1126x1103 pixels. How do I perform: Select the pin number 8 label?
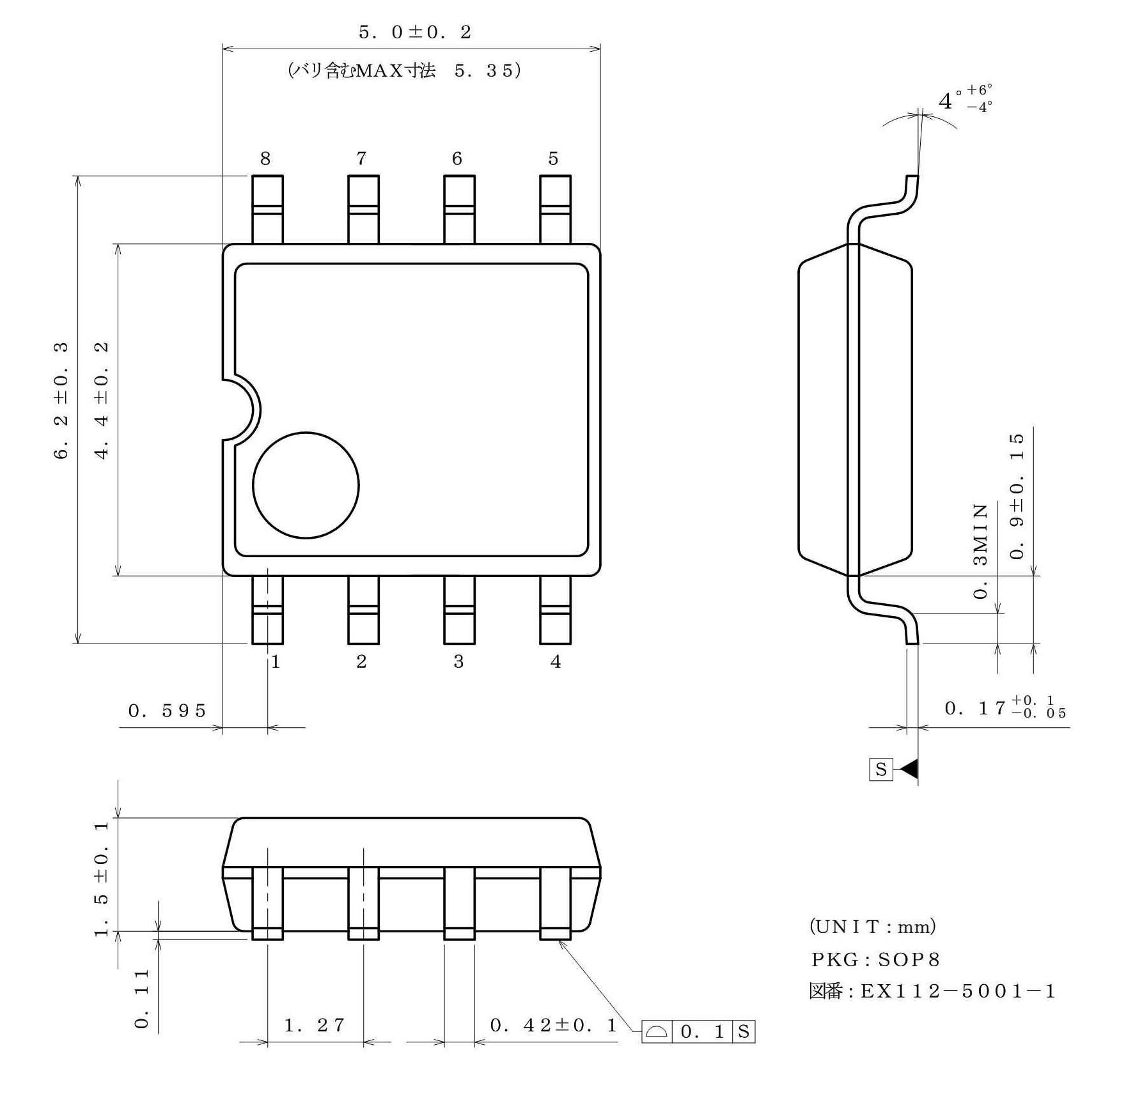(x=265, y=158)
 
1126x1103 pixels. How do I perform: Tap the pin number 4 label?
(x=555, y=662)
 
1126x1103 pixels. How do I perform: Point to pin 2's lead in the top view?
(x=363, y=610)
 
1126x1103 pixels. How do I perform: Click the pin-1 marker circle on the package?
(x=306, y=486)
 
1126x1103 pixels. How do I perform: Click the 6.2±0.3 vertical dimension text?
(x=61, y=401)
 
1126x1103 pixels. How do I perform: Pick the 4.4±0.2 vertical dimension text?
(x=102, y=401)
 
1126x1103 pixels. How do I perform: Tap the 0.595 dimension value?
(x=167, y=711)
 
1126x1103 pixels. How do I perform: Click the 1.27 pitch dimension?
(x=314, y=1026)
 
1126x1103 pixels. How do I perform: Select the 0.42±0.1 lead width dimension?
(x=553, y=1026)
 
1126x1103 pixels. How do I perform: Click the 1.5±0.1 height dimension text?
(x=102, y=879)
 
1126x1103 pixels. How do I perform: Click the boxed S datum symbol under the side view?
(x=880, y=769)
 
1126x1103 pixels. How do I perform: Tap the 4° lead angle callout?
(x=964, y=100)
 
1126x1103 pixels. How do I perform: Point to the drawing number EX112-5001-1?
(x=958, y=991)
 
